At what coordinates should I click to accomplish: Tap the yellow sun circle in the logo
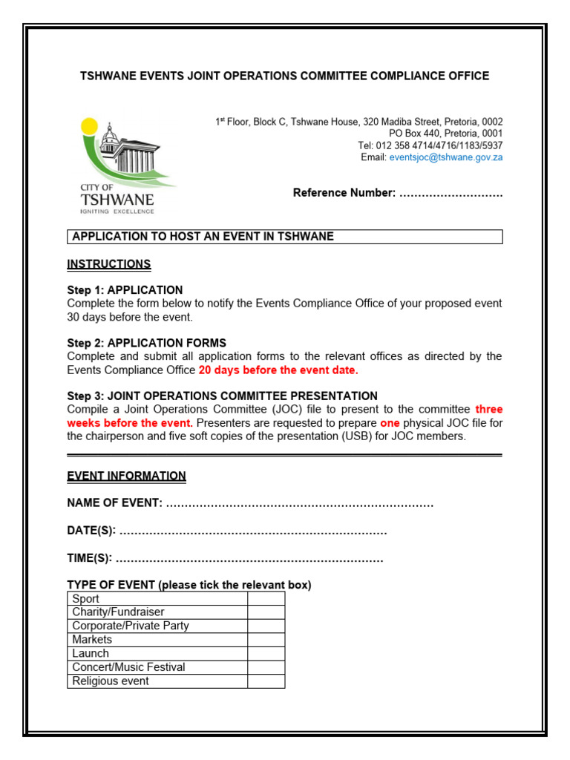[88, 126]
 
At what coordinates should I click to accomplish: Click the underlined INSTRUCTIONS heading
[109, 264]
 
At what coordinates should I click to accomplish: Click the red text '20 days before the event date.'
[278, 370]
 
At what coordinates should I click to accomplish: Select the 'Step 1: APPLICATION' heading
[125, 290]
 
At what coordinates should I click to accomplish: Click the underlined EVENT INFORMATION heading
[126, 476]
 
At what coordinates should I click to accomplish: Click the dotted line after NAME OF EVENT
[299, 504]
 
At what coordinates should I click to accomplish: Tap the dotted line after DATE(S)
[252, 531]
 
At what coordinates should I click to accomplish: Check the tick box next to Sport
[266, 599]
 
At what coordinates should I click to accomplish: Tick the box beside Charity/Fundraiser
[266, 612]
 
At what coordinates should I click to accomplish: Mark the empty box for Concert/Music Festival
[266, 667]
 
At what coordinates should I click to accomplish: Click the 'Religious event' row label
[111, 681]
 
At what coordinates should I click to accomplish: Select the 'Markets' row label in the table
[92, 640]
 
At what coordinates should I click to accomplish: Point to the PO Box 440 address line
[445, 134]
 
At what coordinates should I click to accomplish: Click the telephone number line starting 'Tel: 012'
[430, 145]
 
